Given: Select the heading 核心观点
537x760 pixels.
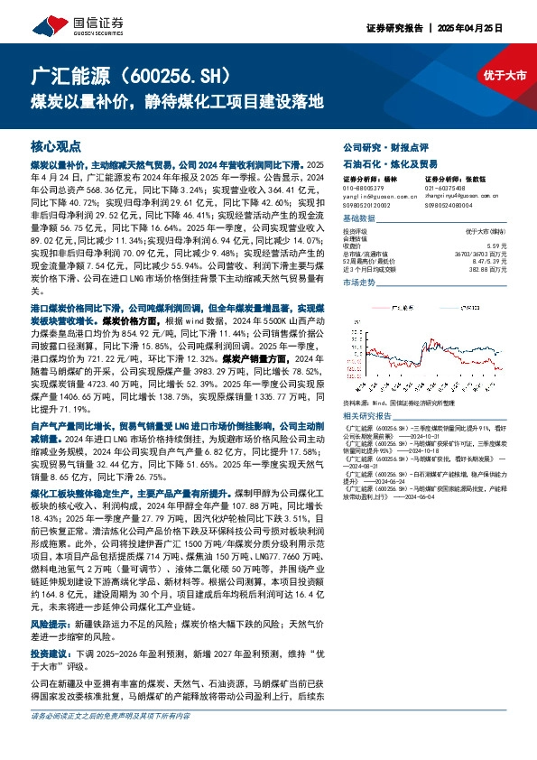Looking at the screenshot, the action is [56, 144].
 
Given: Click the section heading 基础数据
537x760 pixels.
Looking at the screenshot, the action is [358, 219].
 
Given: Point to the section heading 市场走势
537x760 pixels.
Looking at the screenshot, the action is [358, 283].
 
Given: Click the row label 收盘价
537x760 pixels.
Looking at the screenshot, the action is [352, 246].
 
